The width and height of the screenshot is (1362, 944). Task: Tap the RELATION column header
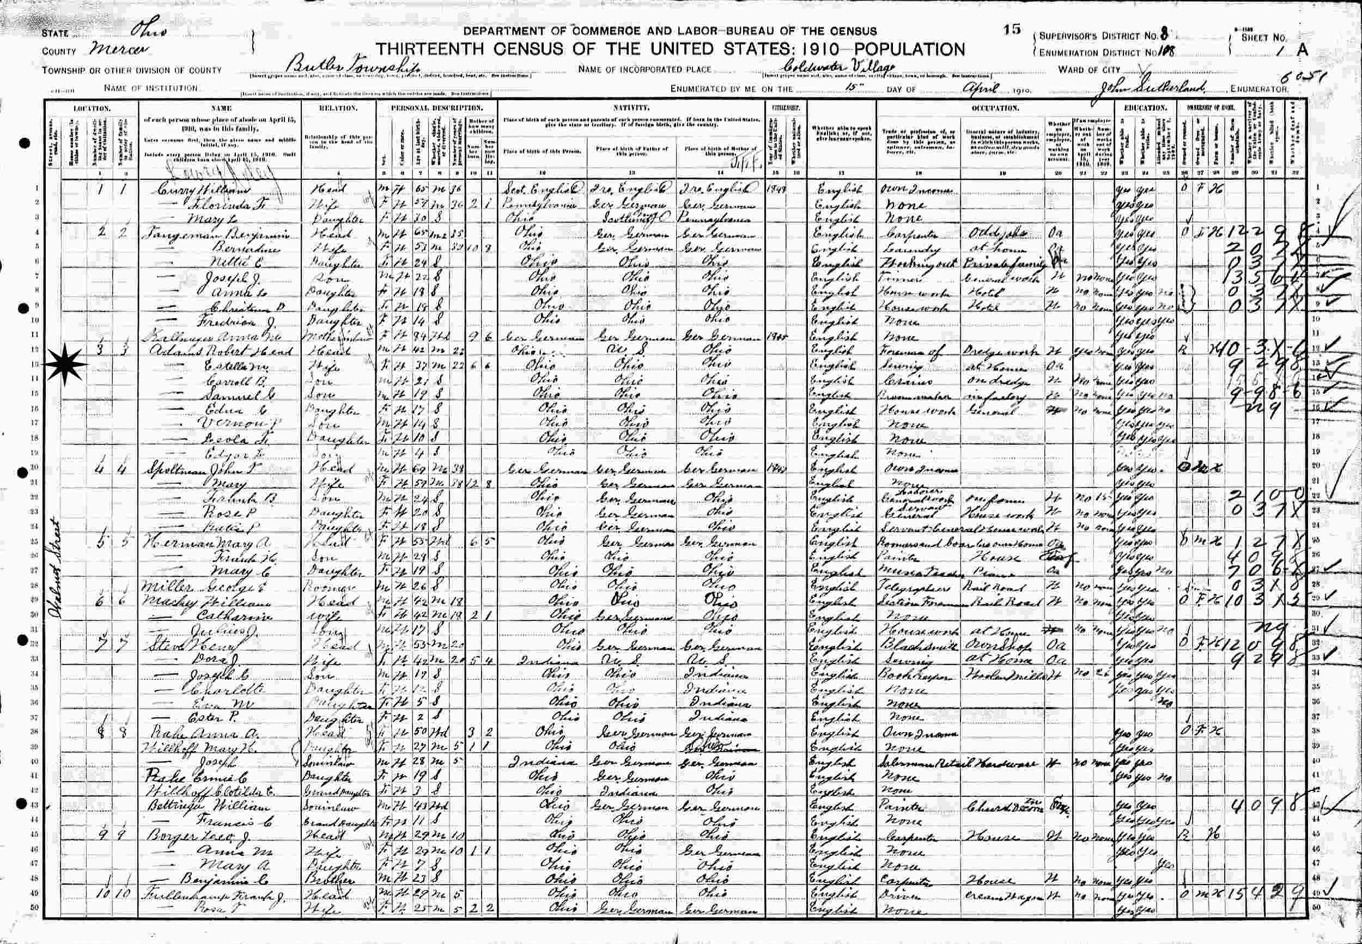[339, 108]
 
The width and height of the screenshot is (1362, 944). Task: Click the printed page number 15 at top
[1012, 29]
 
